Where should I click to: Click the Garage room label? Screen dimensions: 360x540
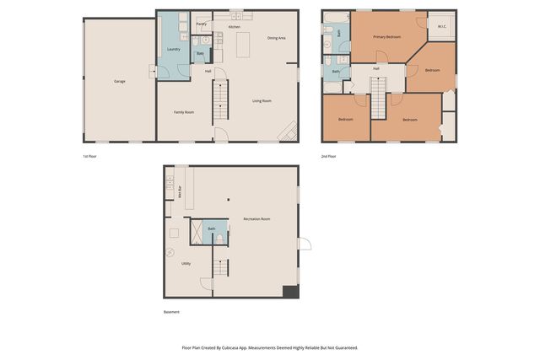120,81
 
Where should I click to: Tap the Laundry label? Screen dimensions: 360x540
174,49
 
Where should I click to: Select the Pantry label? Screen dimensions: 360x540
202,24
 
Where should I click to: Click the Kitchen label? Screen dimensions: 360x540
234,27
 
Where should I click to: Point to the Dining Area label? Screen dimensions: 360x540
276,38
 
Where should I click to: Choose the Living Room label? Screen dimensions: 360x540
262,101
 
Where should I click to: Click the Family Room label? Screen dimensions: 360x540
184,112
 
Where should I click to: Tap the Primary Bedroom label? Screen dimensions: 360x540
386,37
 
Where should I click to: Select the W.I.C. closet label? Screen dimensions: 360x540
441,27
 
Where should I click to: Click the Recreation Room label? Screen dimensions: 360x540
256,219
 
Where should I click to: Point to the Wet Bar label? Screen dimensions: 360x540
180,192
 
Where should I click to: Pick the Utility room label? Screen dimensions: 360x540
186,263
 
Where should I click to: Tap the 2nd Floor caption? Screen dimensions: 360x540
328,156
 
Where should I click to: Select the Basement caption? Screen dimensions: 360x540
171,312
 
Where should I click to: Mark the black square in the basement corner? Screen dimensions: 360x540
290,291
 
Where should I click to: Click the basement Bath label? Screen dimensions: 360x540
212,228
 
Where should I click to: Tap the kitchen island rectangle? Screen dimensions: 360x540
243,43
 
